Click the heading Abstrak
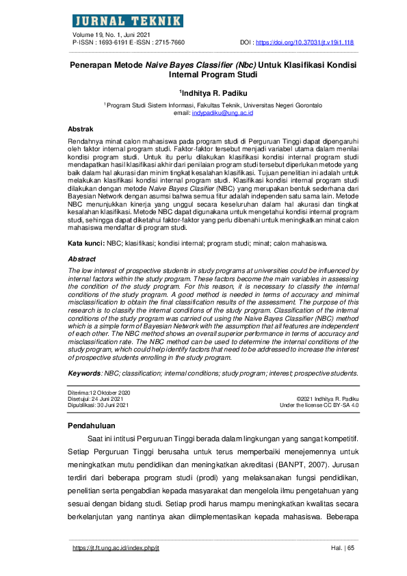[81, 129]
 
